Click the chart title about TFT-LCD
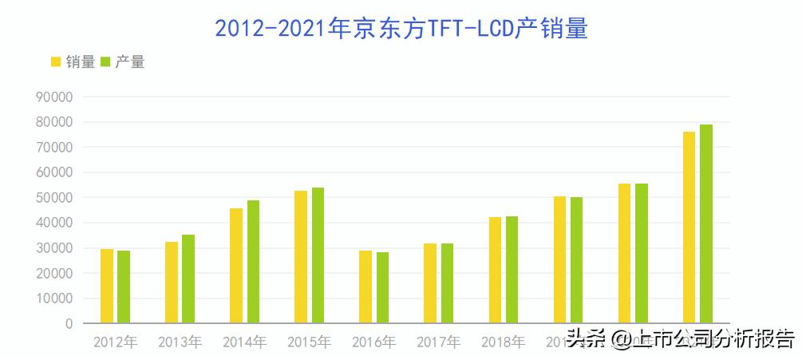(401, 29)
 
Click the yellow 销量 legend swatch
(56, 62)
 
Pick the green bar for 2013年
(188, 279)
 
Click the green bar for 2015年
(318, 255)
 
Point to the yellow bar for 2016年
(365, 287)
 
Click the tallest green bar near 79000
(705, 224)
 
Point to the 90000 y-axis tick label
(55, 97)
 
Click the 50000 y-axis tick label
(55, 197)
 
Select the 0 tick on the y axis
(69, 323)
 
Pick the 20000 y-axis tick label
(55, 273)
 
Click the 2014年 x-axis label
(244, 342)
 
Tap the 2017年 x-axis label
(438, 342)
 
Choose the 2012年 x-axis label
(115, 342)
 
